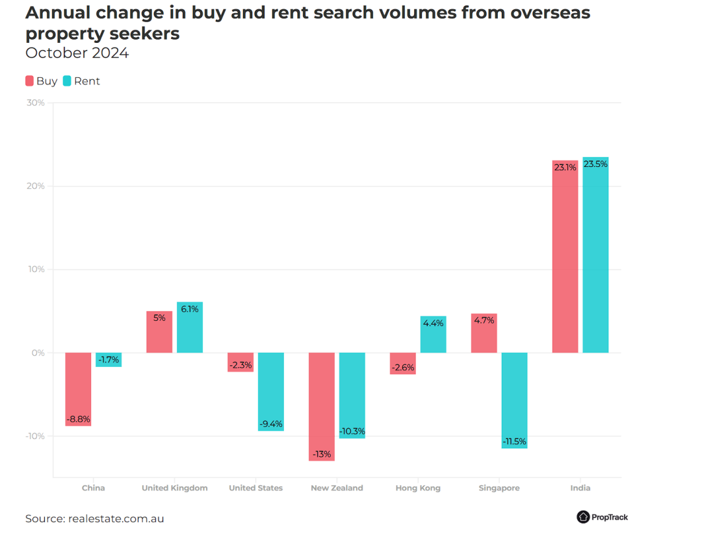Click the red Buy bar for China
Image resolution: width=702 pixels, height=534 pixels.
pos(78,389)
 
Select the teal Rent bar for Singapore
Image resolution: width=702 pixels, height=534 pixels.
pos(514,400)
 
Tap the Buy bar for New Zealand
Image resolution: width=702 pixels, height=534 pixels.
pos(321,407)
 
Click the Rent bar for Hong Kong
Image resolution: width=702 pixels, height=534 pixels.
pos(434,335)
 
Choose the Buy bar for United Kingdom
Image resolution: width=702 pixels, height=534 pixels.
pos(159,332)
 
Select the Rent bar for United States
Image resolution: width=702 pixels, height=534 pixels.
pos(271,392)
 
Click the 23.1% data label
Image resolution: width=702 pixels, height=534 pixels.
pos(565,167)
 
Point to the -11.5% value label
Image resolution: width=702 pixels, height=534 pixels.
pos(514,442)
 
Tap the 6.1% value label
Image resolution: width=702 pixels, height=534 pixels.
pos(190,309)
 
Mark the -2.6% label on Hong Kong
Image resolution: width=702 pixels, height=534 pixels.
pos(403,368)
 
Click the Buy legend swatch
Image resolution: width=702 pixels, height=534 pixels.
pos(30,81)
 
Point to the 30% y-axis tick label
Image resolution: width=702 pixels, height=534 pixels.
pos(36,103)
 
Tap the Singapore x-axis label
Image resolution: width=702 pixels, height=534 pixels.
pos(499,488)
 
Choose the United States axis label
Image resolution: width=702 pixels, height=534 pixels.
pos(255,488)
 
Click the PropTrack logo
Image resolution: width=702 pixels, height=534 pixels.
pos(602,517)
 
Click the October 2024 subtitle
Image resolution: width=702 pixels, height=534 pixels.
pos(77,53)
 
